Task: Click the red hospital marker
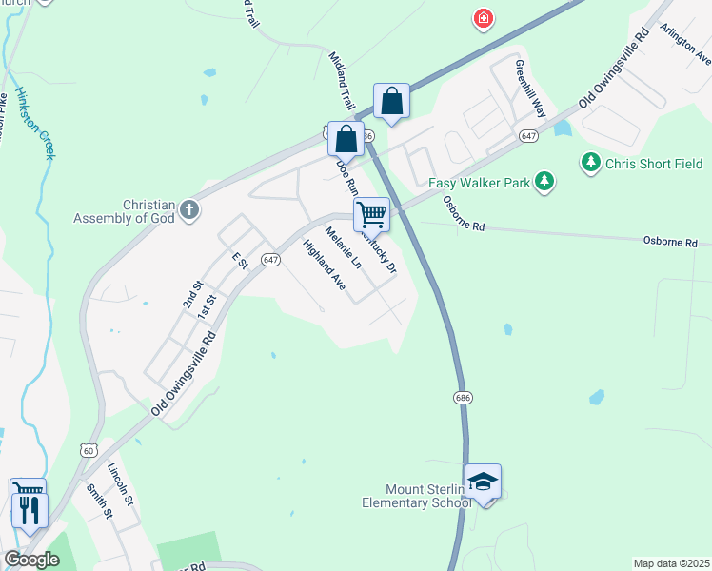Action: (485, 19)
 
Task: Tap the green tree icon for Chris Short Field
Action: (591, 164)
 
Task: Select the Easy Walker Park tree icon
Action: (544, 181)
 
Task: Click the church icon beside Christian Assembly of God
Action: (189, 208)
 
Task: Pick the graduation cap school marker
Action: (483, 482)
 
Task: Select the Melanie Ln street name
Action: (344, 246)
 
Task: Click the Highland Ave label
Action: (323, 265)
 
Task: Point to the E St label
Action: (239, 260)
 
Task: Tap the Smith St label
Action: (99, 502)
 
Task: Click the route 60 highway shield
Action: (89, 448)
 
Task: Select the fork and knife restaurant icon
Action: (30, 510)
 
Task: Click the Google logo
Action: (31, 560)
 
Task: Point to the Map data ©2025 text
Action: (670, 563)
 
